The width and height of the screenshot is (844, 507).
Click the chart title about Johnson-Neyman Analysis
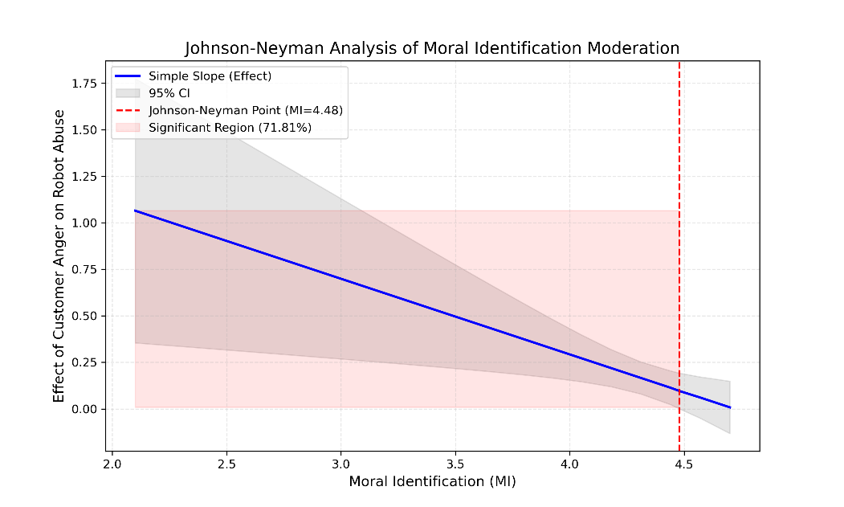pyautogui.click(x=432, y=48)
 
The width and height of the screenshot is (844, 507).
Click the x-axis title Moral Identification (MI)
pyautogui.click(x=432, y=481)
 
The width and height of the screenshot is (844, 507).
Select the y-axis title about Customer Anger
pyautogui.click(x=59, y=256)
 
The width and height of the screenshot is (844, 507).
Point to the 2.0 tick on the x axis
pyautogui.click(x=112, y=463)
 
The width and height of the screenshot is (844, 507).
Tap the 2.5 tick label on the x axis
pyautogui.click(x=226, y=463)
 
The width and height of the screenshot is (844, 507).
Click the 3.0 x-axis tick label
pyautogui.click(x=340, y=463)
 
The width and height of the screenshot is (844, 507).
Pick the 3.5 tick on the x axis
pyautogui.click(x=455, y=463)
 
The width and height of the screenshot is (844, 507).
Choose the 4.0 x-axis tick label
pyautogui.click(x=569, y=463)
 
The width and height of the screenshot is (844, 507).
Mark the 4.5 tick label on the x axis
pyautogui.click(x=684, y=463)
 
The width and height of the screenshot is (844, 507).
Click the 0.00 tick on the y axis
pyautogui.click(x=86, y=409)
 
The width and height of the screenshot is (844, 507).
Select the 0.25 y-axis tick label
pyautogui.click(x=86, y=362)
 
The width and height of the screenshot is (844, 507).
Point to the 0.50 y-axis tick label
pyautogui.click(x=86, y=316)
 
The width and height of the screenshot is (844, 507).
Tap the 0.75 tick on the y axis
pyautogui.click(x=86, y=269)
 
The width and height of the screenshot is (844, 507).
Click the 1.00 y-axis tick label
pyautogui.click(x=86, y=223)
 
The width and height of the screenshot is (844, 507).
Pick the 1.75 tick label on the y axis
pyautogui.click(x=86, y=83)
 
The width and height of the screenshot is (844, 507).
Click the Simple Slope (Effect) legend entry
pyautogui.click(x=210, y=76)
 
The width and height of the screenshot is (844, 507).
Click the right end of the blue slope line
pyautogui.click(x=730, y=407)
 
